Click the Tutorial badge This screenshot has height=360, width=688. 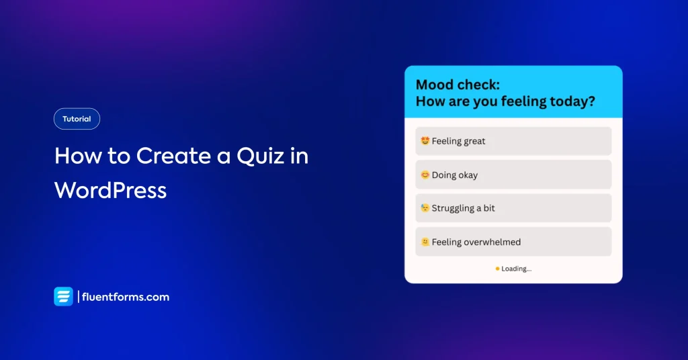click(x=77, y=119)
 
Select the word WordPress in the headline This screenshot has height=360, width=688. click(x=111, y=190)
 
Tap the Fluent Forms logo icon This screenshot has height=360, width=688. click(x=64, y=296)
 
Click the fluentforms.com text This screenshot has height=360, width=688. click(x=126, y=297)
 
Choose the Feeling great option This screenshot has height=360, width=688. click(x=513, y=141)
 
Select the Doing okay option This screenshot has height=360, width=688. click(x=513, y=175)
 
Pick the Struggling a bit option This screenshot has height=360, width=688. click(x=513, y=208)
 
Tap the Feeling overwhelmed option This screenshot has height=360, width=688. click(x=513, y=242)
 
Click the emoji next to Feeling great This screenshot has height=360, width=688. click(x=425, y=141)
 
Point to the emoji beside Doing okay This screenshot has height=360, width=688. click(x=425, y=175)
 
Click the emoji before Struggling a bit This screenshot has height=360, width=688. click(x=425, y=208)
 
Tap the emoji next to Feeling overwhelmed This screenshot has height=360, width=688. click(x=425, y=242)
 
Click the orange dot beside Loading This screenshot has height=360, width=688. click(x=497, y=269)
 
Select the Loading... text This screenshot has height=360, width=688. click(x=517, y=269)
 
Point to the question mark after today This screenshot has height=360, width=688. click(x=592, y=101)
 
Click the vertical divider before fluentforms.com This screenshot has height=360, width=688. click(x=79, y=297)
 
